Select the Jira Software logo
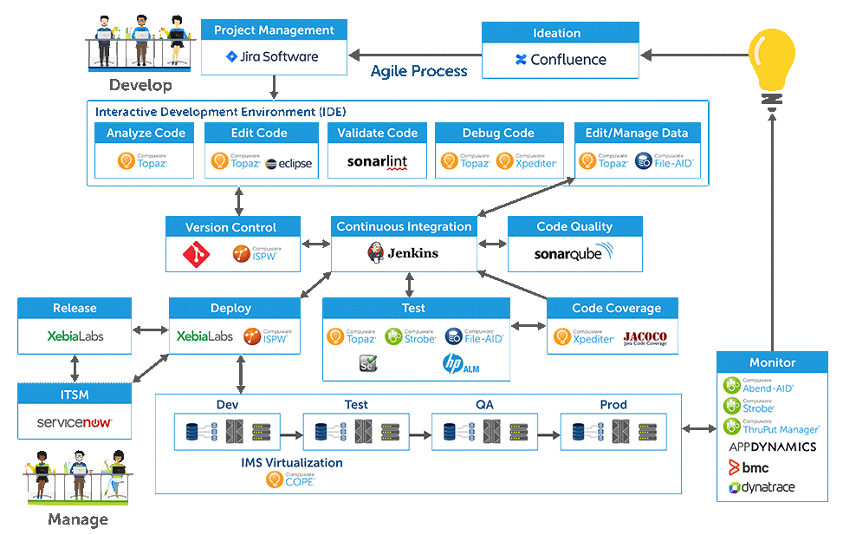pyautogui.click(x=273, y=57)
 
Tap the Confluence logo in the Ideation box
pyautogui.click(x=560, y=60)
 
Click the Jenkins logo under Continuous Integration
pyautogui.click(x=403, y=253)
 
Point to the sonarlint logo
pyautogui.click(x=377, y=161)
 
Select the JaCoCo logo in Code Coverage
pyautogui.click(x=645, y=337)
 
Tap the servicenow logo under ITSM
pyautogui.click(x=75, y=423)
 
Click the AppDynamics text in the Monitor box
pyautogui.click(x=772, y=447)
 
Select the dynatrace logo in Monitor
pyautogui.click(x=762, y=487)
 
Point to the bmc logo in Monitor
pyautogui.click(x=749, y=467)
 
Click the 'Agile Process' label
pyautogui.click(x=418, y=71)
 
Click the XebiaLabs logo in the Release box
pyautogui.click(x=75, y=336)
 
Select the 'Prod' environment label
pyautogui.click(x=613, y=405)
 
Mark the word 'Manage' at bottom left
pyautogui.click(x=79, y=519)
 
